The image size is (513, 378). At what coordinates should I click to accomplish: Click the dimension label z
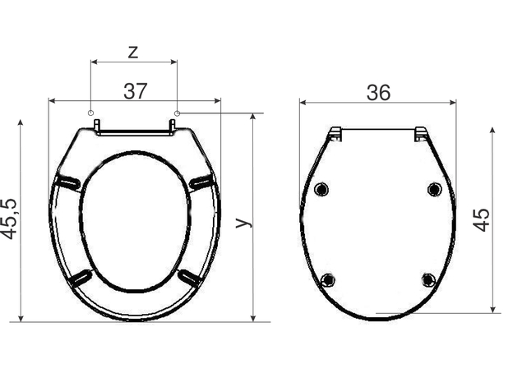click(x=133, y=53)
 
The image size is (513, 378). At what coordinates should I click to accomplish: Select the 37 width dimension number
click(x=136, y=91)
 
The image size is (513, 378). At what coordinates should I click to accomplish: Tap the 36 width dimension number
click(x=378, y=93)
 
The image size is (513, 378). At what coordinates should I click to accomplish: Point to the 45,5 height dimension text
click(x=9, y=219)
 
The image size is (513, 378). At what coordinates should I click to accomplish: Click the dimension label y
click(x=244, y=222)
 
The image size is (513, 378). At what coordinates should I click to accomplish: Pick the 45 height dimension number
click(x=482, y=219)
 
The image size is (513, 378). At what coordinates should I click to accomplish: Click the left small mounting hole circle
click(x=91, y=113)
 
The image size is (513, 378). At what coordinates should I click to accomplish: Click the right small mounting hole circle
click(x=177, y=113)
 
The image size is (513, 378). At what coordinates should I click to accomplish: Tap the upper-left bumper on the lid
click(x=321, y=189)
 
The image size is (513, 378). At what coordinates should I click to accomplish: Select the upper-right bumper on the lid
click(x=434, y=189)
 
